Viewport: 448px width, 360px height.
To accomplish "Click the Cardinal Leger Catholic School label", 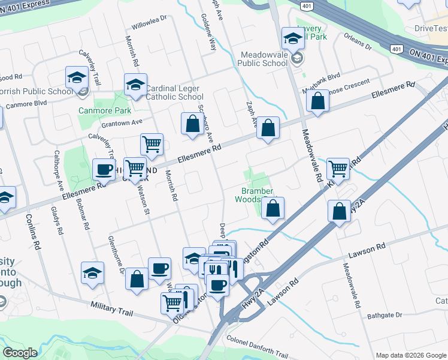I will (174, 92).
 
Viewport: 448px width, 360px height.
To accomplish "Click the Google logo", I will (20, 352).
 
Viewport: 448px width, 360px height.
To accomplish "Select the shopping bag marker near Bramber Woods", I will (273, 208).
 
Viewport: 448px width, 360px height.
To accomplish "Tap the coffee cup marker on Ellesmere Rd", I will (104, 169).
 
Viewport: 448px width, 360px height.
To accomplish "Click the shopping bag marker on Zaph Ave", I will (268, 128).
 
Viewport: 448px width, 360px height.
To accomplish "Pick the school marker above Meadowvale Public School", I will (293, 38).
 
